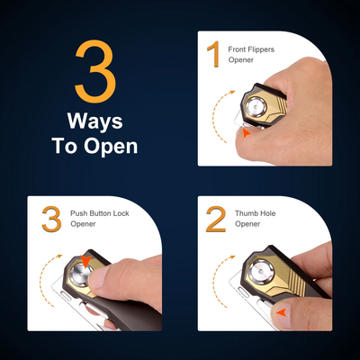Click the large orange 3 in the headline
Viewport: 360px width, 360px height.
[95, 71]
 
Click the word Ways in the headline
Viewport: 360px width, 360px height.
[95, 121]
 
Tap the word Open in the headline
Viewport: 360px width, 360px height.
[111, 147]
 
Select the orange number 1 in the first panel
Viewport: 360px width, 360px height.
[214, 54]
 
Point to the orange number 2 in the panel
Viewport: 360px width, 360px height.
[216, 219]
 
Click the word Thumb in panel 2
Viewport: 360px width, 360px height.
[245, 213]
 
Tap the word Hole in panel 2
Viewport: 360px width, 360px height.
[265, 213]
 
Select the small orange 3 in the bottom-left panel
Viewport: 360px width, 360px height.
[51, 219]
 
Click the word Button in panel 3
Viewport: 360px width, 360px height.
[100, 213]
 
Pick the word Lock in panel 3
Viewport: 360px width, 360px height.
[121, 213]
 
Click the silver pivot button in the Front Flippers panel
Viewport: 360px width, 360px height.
[256, 107]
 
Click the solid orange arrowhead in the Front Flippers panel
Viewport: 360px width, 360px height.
[247, 133]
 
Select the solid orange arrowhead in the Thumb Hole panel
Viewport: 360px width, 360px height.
[283, 313]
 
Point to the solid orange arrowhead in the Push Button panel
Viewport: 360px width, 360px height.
[85, 261]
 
